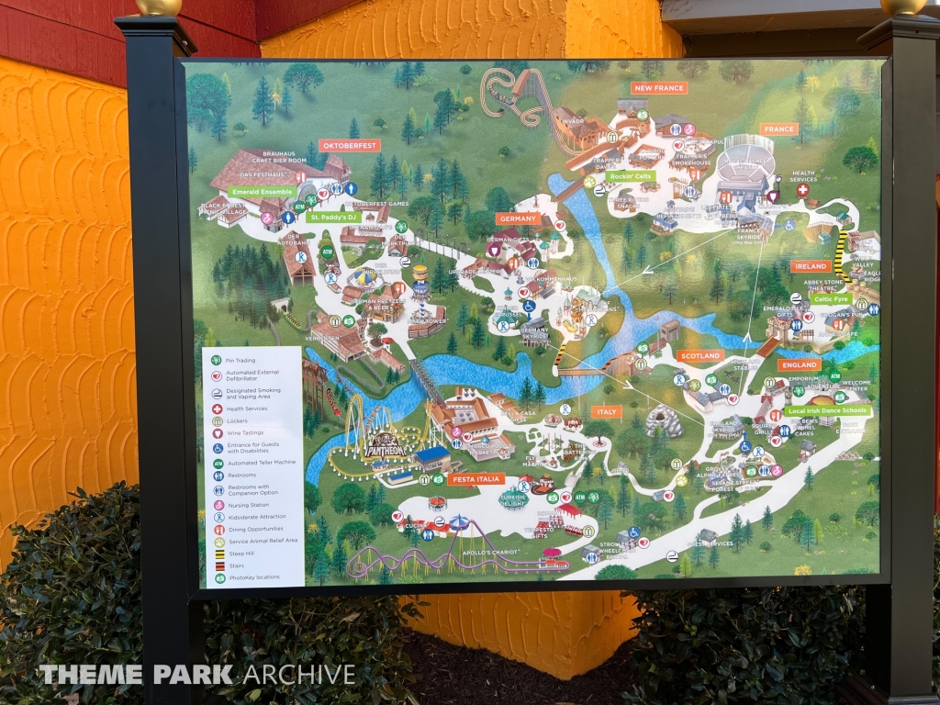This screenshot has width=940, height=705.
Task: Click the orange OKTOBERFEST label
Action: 349,145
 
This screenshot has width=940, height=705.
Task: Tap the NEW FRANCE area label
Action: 658,88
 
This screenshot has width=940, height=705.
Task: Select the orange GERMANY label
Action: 518,218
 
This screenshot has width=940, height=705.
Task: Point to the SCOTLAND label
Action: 700,355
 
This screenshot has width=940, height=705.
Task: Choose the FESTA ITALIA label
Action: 476,479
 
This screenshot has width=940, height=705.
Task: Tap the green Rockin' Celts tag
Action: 630,175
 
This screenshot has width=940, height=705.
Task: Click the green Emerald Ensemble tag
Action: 263,192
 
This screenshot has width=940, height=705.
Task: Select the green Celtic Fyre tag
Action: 830,299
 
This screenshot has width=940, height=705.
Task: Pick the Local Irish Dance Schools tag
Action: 828,411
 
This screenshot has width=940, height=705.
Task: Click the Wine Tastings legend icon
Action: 217,433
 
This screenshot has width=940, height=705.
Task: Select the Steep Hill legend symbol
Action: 217,554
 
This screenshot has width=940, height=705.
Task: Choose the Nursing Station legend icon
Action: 217,504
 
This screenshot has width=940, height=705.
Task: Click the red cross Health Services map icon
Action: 802,190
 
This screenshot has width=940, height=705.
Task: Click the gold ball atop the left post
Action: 159,7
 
